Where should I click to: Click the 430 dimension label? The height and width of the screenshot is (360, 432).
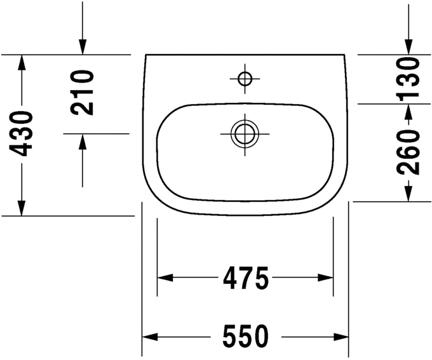point(23,133)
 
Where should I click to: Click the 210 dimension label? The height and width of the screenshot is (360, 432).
point(83,92)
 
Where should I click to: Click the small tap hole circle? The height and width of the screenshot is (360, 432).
point(245,79)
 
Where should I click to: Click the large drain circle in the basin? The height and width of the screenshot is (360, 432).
point(245,134)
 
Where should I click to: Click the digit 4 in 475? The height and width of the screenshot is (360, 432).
point(231,277)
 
